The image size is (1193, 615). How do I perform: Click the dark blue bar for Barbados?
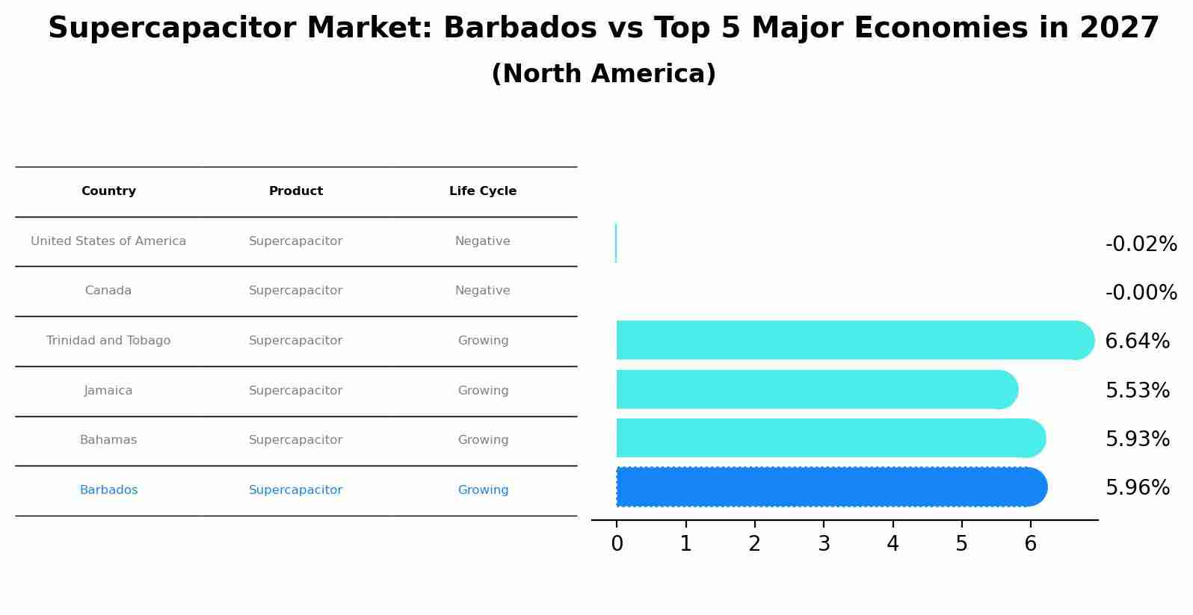click(x=832, y=486)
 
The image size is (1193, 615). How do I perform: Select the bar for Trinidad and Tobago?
click(x=855, y=340)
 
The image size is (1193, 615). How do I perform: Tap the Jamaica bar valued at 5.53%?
click(x=817, y=390)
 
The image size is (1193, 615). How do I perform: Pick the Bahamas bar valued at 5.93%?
click(x=831, y=438)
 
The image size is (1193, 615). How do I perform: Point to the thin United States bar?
click(x=616, y=243)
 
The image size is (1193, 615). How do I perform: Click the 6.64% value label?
click(x=1137, y=342)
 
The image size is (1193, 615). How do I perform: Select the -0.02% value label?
click(x=1141, y=244)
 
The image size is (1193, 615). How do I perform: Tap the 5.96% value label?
click(x=1137, y=488)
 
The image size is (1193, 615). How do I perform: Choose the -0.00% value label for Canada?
click(x=1141, y=292)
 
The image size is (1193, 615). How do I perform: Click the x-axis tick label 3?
click(x=824, y=544)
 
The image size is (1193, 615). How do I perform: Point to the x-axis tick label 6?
click(x=1031, y=544)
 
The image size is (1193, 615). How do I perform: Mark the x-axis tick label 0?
click(x=617, y=544)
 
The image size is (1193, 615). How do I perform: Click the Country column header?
click(x=108, y=191)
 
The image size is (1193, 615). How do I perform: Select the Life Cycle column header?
click(x=483, y=191)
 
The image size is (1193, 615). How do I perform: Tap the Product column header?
click(x=295, y=191)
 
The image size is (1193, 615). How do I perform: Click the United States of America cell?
click(x=108, y=241)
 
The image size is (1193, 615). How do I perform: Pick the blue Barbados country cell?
click(x=108, y=490)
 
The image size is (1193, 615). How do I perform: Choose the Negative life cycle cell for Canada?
click(x=483, y=291)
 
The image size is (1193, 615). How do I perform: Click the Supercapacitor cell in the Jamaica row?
click(x=295, y=391)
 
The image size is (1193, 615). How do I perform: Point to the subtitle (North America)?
click(x=603, y=73)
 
